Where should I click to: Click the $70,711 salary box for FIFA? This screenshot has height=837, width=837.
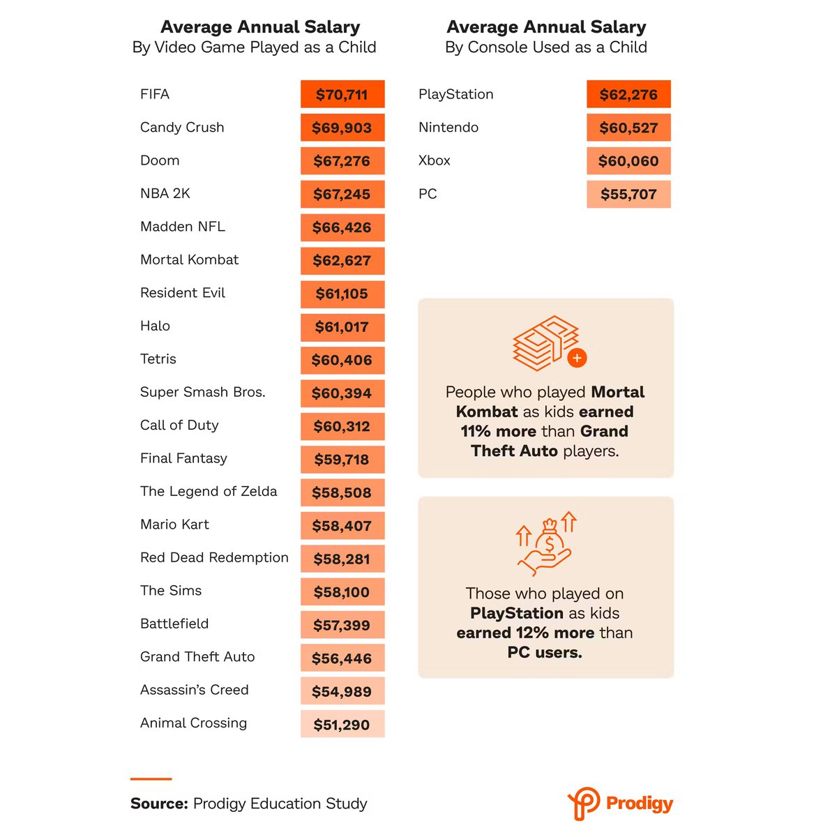click(342, 94)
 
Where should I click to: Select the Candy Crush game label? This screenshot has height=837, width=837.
click(182, 128)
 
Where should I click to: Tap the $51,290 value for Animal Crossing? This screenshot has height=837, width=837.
click(342, 725)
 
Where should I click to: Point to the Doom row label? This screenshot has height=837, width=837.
click(160, 160)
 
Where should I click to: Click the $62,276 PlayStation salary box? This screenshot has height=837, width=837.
click(628, 94)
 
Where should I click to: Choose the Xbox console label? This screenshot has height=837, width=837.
click(435, 160)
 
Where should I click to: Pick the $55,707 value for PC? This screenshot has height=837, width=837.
click(628, 195)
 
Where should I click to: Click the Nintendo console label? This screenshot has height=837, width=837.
click(448, 128)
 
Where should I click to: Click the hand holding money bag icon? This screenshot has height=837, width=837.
click(546, 544)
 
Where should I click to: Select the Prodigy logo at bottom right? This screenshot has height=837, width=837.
click(620, 804)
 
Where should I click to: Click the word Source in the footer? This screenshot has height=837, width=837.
click(159, 804)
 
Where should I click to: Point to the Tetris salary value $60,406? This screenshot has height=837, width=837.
click(342, 360)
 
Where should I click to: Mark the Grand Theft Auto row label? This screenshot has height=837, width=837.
click(197, 657)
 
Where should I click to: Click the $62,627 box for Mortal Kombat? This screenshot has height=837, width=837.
click(342, 261)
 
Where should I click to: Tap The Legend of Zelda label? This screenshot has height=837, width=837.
click(209, 492)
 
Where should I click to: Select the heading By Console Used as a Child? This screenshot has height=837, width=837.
click(546, 47)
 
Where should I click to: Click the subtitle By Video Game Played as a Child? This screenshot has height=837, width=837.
click(255, 47)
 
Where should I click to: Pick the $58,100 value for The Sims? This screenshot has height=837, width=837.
click(342, 592)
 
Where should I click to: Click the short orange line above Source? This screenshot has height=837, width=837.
click(151, 778)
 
